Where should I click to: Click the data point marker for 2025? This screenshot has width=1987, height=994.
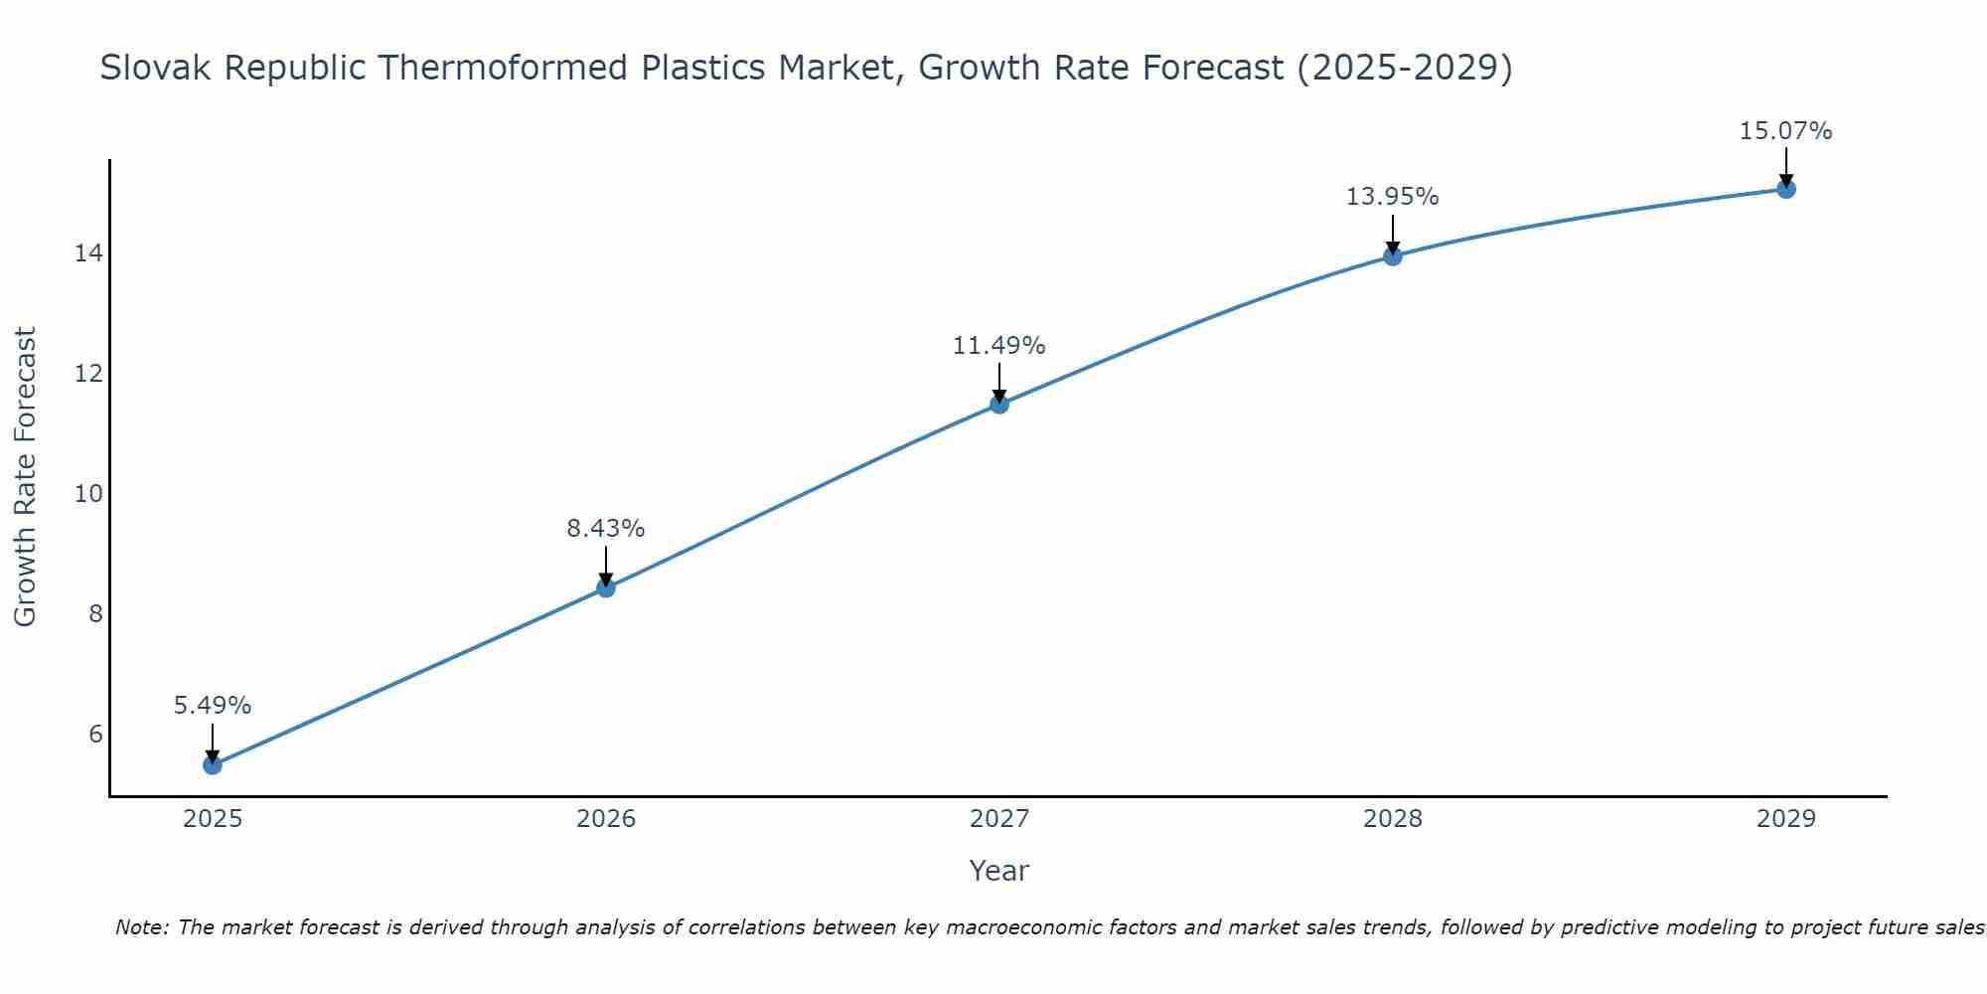(213, 764)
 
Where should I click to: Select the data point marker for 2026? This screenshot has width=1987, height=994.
(606, 587)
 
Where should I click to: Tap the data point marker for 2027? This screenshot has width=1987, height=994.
(999, 404)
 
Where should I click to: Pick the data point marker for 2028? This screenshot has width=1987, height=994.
(1393, 256)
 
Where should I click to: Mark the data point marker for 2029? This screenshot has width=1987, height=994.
(1786, 189)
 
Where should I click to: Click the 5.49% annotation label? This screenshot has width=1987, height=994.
(213, 706)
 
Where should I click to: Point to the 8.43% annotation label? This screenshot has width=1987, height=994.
(606, 529)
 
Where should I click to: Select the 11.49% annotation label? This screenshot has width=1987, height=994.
(999, 346)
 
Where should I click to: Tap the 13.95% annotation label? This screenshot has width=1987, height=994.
(1393, 197)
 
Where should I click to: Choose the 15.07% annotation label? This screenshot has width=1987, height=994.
(1786, 131)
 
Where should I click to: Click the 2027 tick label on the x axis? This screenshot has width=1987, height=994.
(999, 819)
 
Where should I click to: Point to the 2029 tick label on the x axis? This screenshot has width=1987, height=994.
(1786, 819)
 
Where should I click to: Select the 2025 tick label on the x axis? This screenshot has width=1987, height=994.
(213, 819)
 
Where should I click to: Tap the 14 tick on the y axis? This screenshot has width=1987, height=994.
(88, 253)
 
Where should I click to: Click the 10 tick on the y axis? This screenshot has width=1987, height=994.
(88, 494)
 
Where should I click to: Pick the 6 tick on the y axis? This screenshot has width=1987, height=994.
(95, 735)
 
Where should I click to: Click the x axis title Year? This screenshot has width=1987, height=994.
(999, 871)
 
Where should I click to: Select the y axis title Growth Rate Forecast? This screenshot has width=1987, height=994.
(26, 477)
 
